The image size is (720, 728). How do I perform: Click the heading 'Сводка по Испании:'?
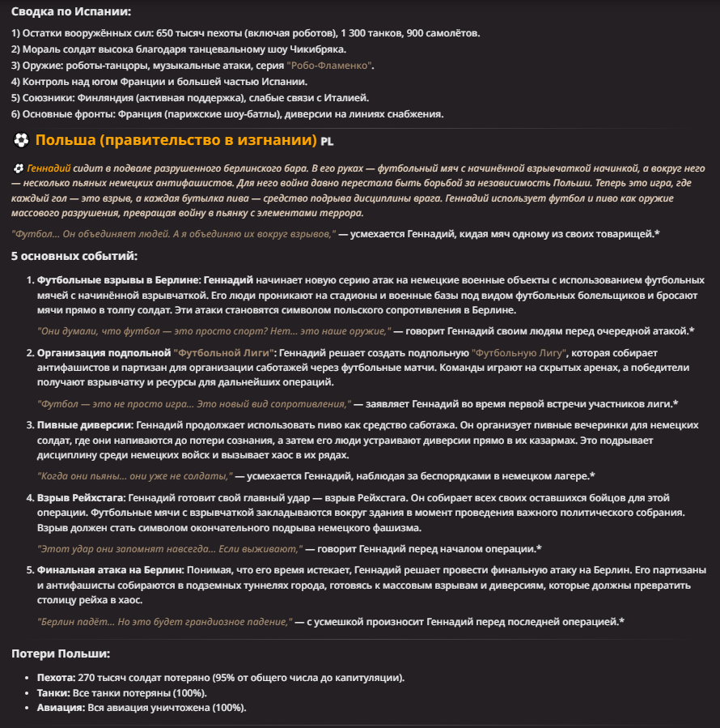pos(71,11)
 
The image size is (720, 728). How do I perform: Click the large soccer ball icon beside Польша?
pos(22,140)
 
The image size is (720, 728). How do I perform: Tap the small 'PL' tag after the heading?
pos(327,142)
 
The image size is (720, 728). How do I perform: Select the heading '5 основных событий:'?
pos(74,257)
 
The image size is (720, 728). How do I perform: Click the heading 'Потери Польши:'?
pos(61,653)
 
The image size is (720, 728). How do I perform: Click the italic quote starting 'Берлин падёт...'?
pos(164,621)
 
